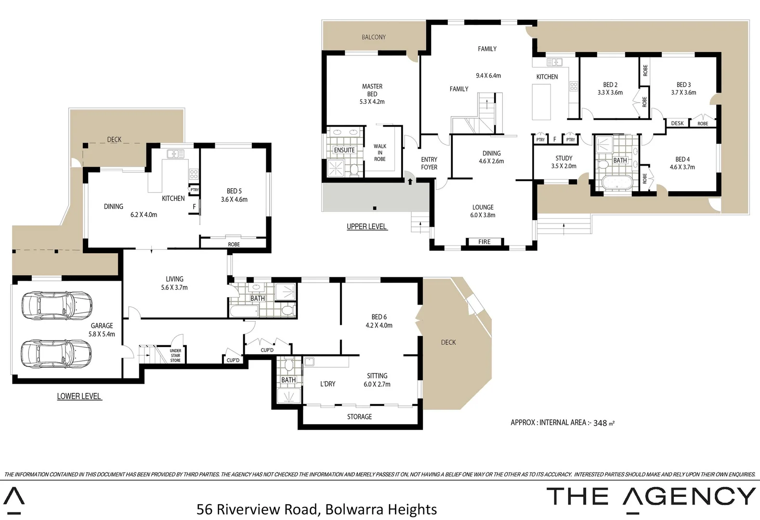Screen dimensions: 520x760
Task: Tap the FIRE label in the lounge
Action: [485, 242]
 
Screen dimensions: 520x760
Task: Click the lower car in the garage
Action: [56, 353]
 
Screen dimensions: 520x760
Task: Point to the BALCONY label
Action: [374, 37]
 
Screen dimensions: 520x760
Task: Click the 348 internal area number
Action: [600, 423]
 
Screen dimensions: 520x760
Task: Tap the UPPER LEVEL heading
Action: [367, 226]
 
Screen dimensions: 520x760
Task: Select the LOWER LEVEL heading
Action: [79, 396]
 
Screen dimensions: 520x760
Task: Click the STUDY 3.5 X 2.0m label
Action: [563, 162]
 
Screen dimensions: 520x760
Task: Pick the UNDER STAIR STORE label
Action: [175, 356]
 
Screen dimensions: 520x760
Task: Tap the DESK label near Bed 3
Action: [677, 123]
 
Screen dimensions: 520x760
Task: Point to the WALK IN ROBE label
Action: [380, 153]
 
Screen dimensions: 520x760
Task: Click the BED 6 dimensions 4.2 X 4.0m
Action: [379, 325]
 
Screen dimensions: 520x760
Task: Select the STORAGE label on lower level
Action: [359, 416]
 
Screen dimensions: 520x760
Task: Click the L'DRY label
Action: [328, 384]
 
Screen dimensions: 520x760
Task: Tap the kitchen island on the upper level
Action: [541, 102]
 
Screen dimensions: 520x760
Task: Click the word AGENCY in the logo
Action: [689, 496]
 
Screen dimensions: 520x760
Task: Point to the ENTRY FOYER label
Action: [429, 163]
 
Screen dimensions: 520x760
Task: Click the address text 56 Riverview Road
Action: [257, 509]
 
